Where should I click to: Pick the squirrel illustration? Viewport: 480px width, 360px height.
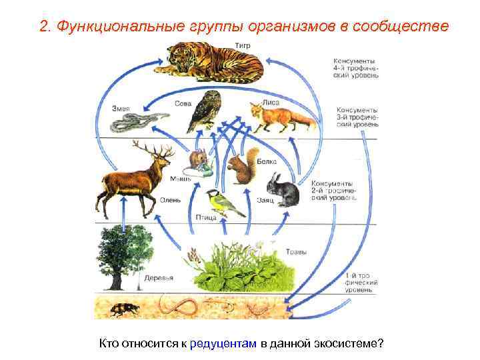[241, 167]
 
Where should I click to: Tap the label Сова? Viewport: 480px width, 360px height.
[183, 103]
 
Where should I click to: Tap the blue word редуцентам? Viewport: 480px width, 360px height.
[223, 343]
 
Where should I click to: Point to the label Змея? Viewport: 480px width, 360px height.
[120, 108]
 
